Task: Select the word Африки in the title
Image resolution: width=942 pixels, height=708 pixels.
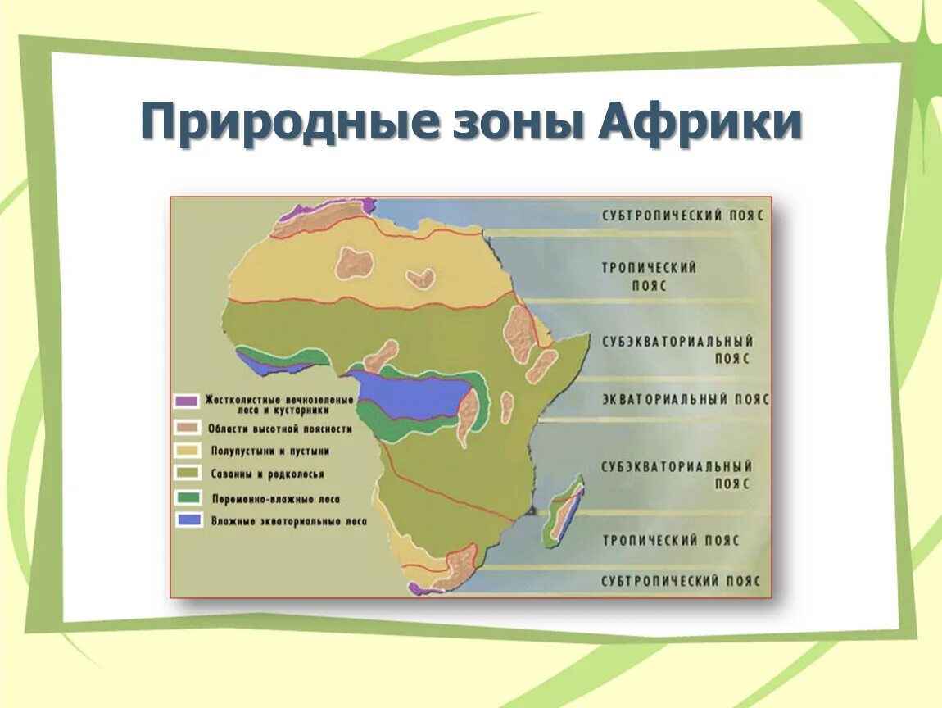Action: (x=700, y=120)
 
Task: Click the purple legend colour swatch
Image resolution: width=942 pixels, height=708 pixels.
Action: (x=186, y=401)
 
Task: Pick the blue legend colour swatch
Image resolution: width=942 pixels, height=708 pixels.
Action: (x=189, y=520)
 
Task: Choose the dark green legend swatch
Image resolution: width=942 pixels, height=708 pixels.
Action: (x=188, y=497)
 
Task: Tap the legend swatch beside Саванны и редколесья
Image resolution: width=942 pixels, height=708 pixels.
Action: (x=187, y=473)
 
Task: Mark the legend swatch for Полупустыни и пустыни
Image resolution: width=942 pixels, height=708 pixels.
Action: (x=187, y=450)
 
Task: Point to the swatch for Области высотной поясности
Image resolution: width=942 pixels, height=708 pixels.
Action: (x=186, y=427)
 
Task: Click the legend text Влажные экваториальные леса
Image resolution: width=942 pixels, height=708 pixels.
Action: (x=288, y=522)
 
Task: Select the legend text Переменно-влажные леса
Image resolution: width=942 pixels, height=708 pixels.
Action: (x=276, y=499)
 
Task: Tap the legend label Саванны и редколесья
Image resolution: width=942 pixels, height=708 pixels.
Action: (x=267, y=474)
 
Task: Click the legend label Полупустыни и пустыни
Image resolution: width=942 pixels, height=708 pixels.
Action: (x=269, y=451)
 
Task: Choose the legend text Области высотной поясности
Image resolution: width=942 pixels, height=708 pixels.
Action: (x=280, y=429)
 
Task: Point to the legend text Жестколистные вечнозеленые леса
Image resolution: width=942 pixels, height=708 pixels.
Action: (x=279, y=405)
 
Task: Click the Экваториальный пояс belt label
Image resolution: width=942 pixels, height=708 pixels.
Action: (x=686, y=399)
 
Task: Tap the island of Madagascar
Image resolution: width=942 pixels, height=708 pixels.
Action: (x=565, y=510)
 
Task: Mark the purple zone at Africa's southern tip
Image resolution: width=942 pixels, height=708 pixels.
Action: (x=423, y=589)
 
